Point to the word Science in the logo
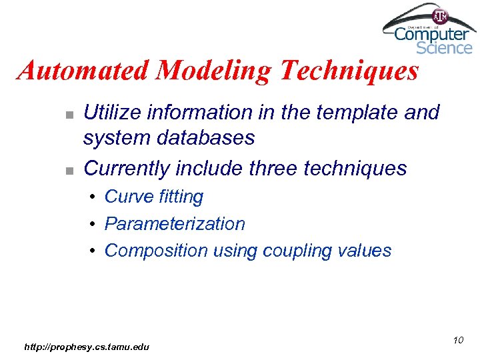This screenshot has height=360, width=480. pos(444,48)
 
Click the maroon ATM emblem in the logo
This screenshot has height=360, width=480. pos(440,15)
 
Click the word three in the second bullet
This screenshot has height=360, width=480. pos(273,168)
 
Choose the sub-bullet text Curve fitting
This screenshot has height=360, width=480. pos(154,197)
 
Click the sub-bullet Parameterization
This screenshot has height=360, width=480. pos(175,223)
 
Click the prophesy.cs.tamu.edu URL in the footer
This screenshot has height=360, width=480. pos(87,347)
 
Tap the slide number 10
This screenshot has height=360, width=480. pos(457,341)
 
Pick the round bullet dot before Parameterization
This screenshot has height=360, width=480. pos(93,224)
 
